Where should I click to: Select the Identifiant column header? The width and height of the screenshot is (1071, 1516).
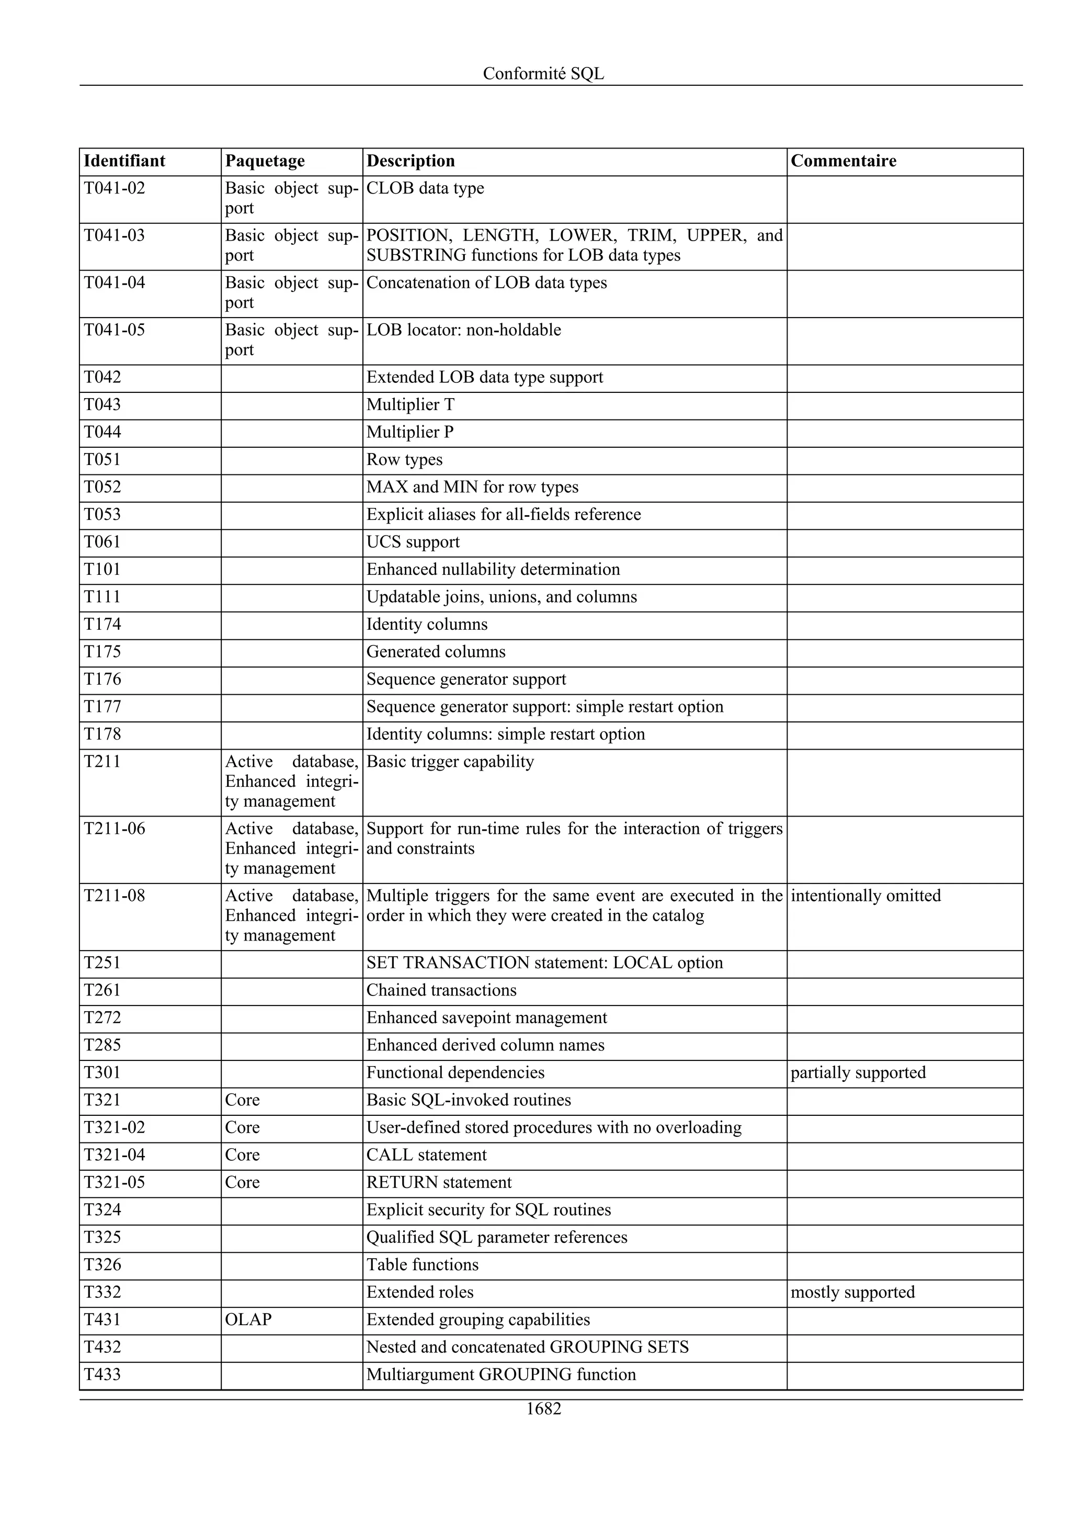[x=124, y=161]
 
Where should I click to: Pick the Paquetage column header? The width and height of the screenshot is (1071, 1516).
[x=265, y=161]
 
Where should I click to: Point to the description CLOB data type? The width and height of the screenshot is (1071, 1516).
[x=425, y=188]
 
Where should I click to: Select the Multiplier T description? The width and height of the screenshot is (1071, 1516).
[x=410, y=405]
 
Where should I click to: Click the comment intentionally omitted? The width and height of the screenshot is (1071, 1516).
[x=865, y=896]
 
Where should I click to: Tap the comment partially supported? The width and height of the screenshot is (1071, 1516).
[x=858, y=1072]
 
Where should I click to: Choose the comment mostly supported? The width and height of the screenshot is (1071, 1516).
[x=852, y=1292]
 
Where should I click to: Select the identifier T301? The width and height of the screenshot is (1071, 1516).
[x=102, y=1072]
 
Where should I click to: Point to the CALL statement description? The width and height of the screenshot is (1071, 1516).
[x=426, y=1155]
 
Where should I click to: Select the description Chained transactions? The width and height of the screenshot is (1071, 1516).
[x=441, y=990]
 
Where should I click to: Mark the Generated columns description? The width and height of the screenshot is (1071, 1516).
[x=436, y=652]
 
